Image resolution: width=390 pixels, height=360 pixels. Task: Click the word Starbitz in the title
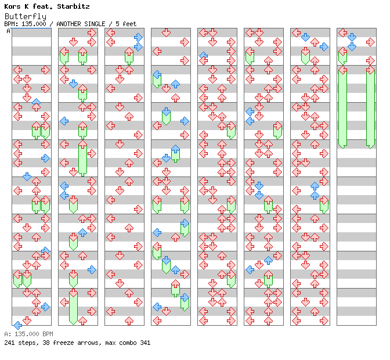(73, 6)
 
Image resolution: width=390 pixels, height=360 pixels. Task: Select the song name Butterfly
(25, 16)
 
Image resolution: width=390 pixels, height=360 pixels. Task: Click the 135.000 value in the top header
(34, 24)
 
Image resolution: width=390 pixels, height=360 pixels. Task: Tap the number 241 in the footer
(9, 343)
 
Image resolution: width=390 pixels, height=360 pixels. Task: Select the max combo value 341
(145, 343)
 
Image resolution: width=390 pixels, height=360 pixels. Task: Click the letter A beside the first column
(8, 31)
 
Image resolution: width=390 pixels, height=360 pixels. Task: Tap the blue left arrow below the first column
(17, 325)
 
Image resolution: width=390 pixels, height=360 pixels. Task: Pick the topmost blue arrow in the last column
(352, 37)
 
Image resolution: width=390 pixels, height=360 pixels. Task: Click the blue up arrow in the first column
(36, 102)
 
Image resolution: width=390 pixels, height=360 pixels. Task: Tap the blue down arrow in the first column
(27, 177)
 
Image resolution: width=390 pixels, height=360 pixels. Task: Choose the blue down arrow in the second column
(73, 84)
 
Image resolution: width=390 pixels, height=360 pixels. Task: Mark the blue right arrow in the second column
(92, 269)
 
